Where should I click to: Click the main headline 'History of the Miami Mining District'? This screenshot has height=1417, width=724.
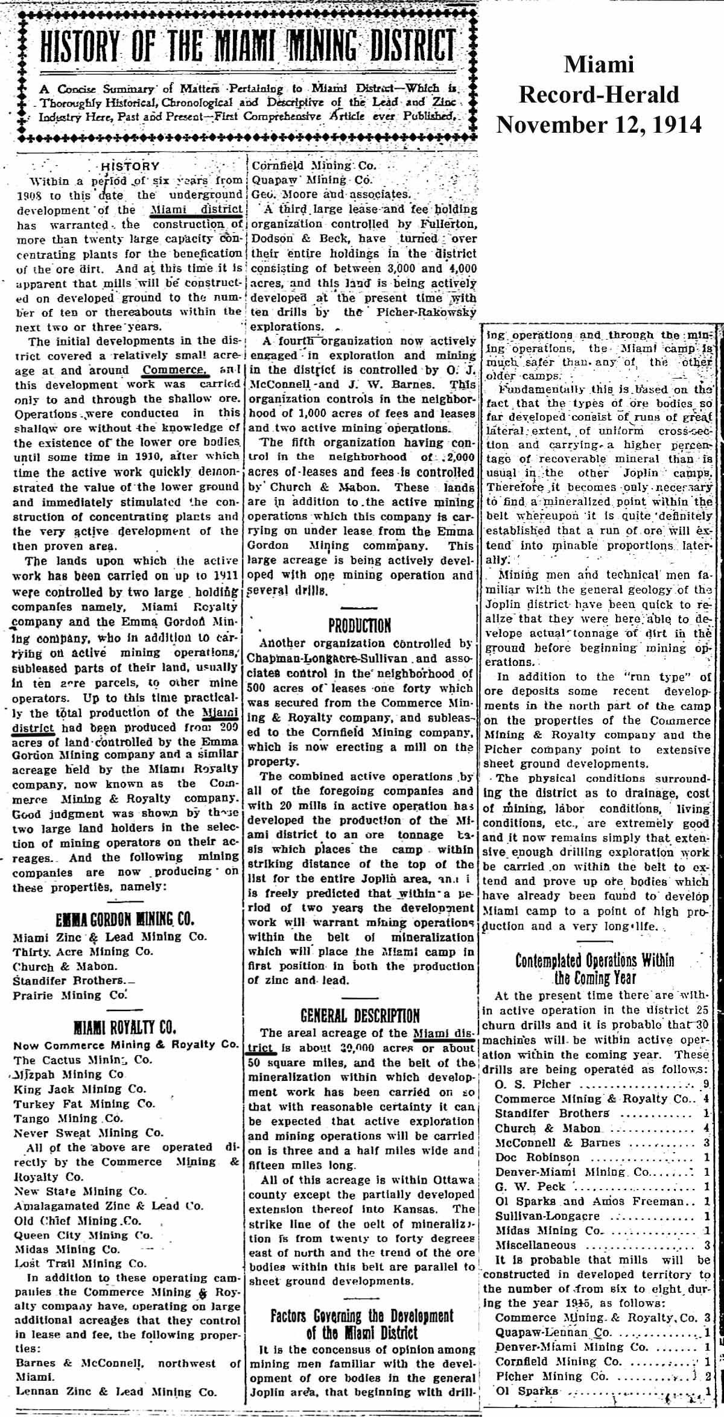tap(247, 46)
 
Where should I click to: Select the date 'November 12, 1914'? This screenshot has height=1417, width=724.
tap(599, 125)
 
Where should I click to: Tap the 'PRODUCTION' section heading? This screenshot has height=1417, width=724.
tap(360, 625)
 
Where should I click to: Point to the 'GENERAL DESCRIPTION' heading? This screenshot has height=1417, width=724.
tap(360, 1016)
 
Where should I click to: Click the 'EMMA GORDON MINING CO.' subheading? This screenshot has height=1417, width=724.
tap(125, 920)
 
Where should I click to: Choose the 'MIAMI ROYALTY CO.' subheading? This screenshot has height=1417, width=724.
tap(125, 1027)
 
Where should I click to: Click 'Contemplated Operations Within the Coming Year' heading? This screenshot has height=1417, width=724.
tap(594, 968)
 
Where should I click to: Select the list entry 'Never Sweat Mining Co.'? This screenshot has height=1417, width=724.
tap(89, 1133)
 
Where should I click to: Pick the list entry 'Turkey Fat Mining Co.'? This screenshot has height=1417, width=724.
tap(84, 1104)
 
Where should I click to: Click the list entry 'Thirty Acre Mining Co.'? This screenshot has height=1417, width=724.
tap(83, 951)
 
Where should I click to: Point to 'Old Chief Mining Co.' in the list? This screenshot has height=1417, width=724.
tap(78, 1220)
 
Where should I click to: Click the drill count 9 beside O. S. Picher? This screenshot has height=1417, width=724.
tap(706, 1084)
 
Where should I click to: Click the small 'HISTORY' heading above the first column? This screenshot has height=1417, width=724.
tap(130, 166)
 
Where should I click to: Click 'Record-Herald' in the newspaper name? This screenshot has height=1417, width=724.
tap(599, 95)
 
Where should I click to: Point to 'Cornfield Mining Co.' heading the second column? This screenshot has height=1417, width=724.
tap(314, 165)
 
